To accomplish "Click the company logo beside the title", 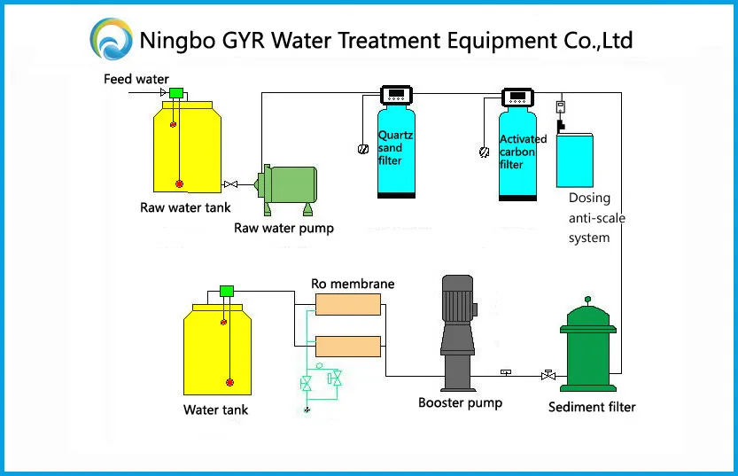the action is coord(111,39).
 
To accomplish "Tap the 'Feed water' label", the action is coord(136,79).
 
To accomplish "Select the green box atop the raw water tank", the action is coord(176,93).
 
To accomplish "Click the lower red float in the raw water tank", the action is coord(179,183).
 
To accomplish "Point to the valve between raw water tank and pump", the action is coord(230,184).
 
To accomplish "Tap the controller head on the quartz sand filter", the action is coord(396,95).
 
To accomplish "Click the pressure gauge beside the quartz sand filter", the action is coord(363,149).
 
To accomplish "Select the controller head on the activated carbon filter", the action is coord(517,98).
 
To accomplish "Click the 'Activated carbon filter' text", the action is coord(523,152).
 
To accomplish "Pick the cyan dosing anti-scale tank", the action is coord(575,161).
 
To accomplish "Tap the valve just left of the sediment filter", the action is coord(548,375).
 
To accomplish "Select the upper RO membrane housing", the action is coord(348,304).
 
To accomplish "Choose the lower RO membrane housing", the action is coord(348,347).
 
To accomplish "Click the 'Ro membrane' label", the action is coord(353,284).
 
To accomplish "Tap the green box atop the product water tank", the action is coord(227,291).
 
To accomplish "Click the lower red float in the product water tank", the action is coord(229,382).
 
